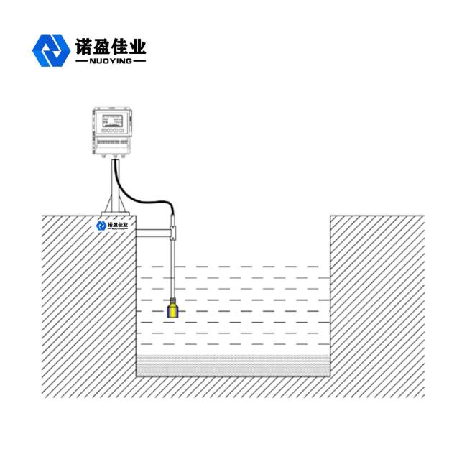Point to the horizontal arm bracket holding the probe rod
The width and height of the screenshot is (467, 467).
pyautogui.click(x=152, y=231)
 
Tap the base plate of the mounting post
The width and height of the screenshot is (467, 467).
pyautogui.click(x=115, y=213)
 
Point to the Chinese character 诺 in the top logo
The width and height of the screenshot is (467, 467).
pyautogui.click(x=83, y=47)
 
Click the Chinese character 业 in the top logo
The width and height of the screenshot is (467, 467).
pyautogui.click(x=137, y=47)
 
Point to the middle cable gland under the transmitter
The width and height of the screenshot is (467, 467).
pyautogui.click(x=116, y=157)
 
